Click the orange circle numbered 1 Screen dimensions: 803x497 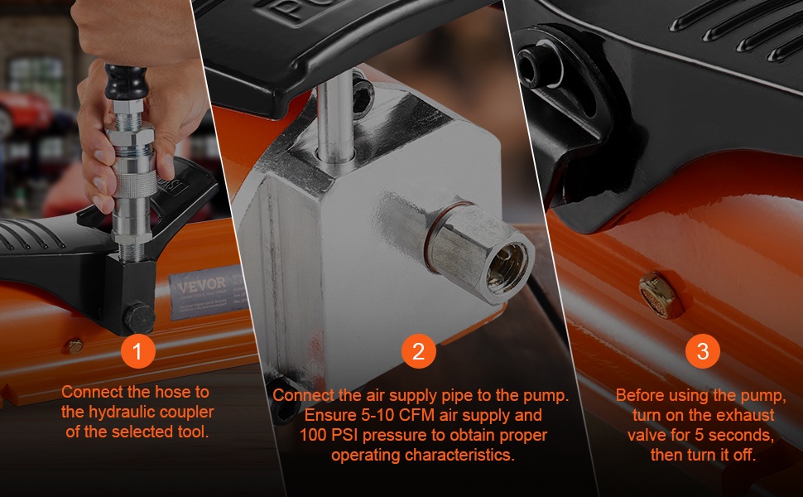(x=137, y=351)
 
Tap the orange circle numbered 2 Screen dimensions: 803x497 (x=418, y=351)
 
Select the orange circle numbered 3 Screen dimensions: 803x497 (x=703, y=351)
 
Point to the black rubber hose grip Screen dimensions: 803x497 (x=126, y=82)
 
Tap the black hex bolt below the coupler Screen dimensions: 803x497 (x=139, y=318)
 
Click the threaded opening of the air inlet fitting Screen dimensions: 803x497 (x=507, y=268)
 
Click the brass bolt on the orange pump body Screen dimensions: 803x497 (x=660, y=295)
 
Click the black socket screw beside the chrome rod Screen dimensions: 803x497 (x=363, y=94)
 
